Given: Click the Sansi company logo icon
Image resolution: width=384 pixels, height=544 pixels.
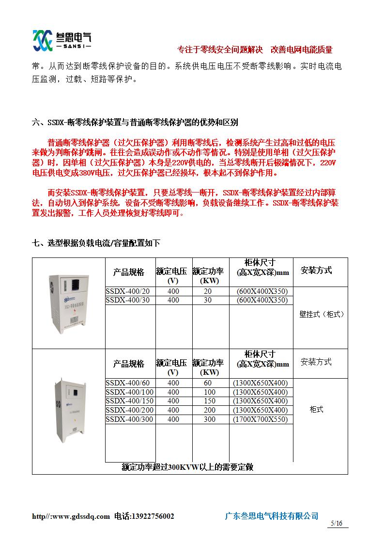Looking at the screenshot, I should coord(42,40).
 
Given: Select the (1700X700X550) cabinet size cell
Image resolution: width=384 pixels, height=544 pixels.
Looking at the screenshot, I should coord(261,419).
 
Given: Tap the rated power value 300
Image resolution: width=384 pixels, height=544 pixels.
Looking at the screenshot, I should coord(210,419).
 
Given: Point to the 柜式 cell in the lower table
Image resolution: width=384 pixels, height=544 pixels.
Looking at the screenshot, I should coord(316,410).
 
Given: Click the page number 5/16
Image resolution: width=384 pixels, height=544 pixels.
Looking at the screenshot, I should coord(336,523).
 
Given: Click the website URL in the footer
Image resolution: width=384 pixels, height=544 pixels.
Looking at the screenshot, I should coord(71,516).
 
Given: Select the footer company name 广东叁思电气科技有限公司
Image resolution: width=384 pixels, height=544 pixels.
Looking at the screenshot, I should coord(272,516).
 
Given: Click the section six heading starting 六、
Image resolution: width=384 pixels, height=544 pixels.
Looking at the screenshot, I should coord(135,123).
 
